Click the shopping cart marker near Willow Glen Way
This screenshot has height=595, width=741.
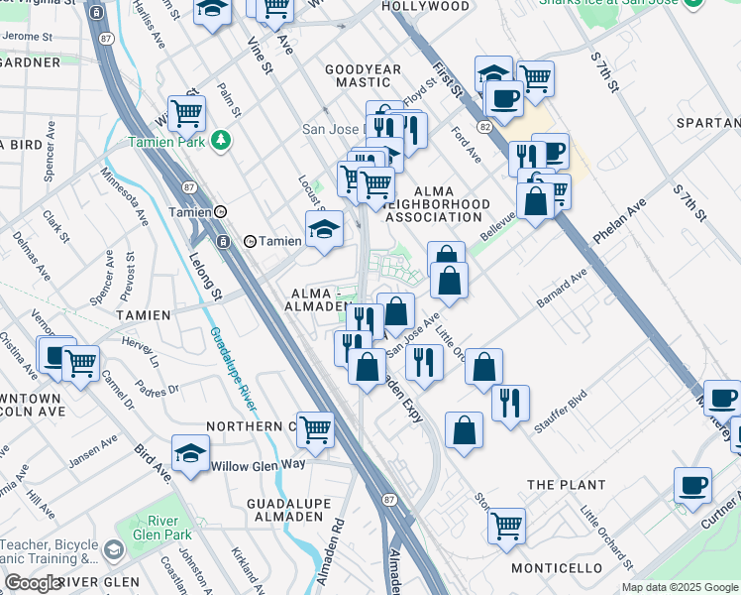click(316, 432)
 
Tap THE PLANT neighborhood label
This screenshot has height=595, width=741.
click(566, 485)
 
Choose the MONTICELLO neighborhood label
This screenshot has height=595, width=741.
click(557, 568)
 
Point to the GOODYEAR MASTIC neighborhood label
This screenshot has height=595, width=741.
click(364, 75)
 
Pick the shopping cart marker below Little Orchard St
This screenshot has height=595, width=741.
click(506, 527)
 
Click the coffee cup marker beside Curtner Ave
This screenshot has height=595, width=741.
click(693, 487)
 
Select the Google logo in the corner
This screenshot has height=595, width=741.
click(33, 583)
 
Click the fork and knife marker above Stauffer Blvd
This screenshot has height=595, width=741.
click(510, 404)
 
